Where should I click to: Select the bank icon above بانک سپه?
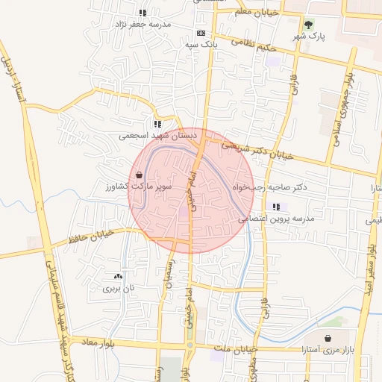[200, 34]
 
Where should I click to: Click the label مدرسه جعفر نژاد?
[143, 24]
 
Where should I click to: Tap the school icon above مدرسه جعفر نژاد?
[143, 13]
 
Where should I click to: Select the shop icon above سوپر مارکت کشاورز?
[139, 175]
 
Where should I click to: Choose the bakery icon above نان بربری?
[118, 276]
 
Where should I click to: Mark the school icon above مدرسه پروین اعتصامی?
[276, 207]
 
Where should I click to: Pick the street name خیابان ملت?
[234, 348]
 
